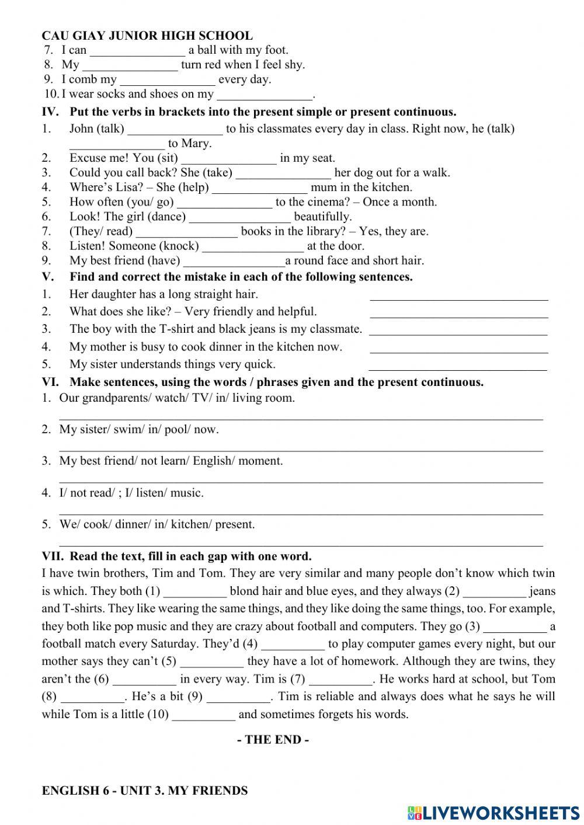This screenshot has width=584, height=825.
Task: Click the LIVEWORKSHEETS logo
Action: click(493, 812)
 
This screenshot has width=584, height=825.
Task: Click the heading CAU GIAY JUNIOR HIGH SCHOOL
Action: click(147, 36)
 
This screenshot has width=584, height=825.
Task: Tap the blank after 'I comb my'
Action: click(168, 81)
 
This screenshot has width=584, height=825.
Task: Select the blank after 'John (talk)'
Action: click(175, 130)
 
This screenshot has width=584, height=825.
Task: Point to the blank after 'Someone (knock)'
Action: click(253, 247)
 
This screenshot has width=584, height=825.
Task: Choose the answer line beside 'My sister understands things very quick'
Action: click(458, 366)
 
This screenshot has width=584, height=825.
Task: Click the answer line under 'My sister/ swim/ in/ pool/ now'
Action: click(301, 448)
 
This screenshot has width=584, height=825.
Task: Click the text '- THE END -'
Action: click(273, 740)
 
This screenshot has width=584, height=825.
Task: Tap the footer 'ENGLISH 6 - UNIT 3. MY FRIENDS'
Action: click(145, 791)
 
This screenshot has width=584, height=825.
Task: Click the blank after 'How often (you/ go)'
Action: click(224, 203)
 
